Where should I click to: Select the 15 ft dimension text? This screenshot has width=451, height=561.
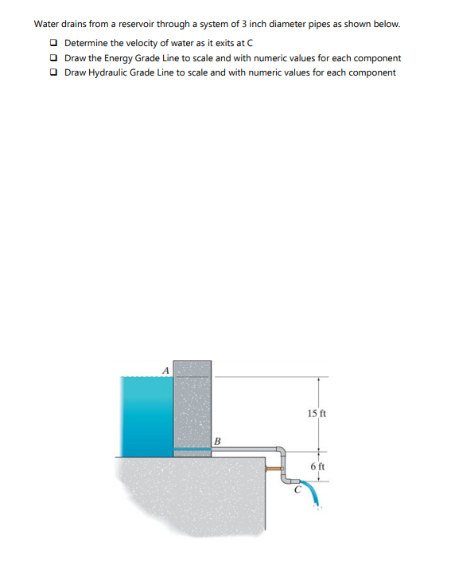[317, 413]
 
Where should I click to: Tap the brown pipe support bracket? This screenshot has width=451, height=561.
[274, 468]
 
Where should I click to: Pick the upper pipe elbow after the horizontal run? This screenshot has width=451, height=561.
[279, 451]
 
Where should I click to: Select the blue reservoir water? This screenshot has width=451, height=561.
[146, 414]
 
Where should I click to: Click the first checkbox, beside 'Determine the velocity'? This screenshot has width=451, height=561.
[52, 42]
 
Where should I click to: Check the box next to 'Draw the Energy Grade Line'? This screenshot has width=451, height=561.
[52, 57]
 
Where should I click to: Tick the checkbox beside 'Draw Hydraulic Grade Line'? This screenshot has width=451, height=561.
[52, 72]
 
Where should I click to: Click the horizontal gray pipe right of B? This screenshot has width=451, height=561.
[243, 450]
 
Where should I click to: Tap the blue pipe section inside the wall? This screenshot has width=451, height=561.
[191, 450]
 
